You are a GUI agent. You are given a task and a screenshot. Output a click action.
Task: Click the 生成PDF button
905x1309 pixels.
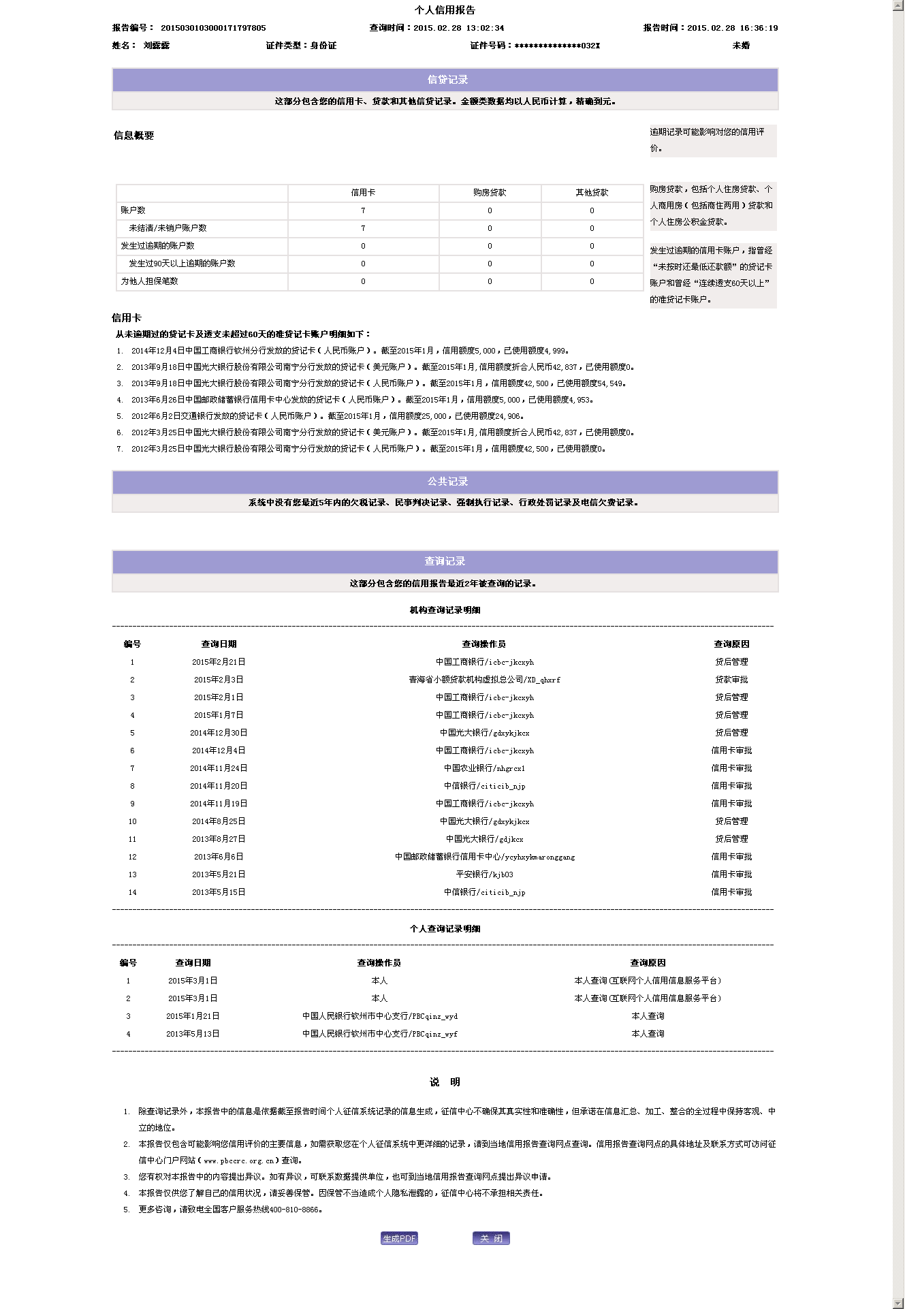tap(399, 1238)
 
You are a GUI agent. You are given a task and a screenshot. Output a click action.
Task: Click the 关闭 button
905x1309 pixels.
tap(491, 1238)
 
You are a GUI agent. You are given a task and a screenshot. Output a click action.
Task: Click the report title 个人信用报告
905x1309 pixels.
tap(445, 10)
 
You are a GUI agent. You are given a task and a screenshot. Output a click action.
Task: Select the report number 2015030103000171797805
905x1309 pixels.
tap(213, 28)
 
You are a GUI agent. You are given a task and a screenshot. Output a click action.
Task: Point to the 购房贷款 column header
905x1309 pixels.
tap(490, 193)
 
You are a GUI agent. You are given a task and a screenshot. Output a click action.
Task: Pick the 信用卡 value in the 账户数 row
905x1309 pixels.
tap(363, 210)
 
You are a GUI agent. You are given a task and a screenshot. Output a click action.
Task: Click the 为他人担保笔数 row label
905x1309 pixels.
tap(150, 281)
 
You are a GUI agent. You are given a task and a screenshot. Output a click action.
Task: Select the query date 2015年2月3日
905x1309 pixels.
tap(219, 680)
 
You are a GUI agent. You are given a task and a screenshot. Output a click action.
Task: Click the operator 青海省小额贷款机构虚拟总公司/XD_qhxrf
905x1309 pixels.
tap(484, 680)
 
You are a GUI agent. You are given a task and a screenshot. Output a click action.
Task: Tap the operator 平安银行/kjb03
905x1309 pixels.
tap(484, 874)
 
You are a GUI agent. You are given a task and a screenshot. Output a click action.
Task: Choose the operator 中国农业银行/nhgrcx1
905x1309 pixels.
tap(484, 768)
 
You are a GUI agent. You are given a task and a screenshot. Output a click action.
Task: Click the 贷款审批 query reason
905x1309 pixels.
tap(731, 680)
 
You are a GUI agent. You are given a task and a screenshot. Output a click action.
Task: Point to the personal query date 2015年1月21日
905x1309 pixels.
tap(193, 1016)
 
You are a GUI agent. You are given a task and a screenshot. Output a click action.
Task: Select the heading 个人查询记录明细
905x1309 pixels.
tap(445, 929)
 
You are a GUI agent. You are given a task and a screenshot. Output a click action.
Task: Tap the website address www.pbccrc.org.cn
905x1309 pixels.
tap(238, 1161)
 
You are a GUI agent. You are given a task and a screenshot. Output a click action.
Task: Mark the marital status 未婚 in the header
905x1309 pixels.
tap(741, 46)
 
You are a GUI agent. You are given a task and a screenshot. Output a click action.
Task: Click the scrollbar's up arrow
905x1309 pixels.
tap(898, 5)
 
